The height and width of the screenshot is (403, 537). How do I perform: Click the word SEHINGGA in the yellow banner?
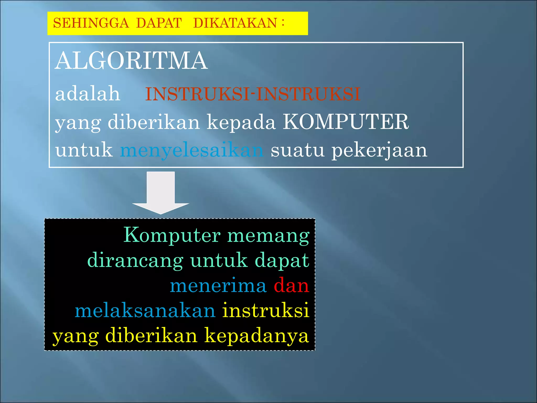[x=91, y=23]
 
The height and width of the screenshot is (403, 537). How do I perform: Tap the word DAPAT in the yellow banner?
[x=159, y=23]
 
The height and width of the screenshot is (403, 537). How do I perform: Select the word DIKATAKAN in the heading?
[x=235, y=23]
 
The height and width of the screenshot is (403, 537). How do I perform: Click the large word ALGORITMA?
[x=131, y=61]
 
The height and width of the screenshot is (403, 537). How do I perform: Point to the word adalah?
[x=88, y=94]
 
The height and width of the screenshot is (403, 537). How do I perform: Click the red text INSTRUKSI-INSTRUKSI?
[x=253, y=94]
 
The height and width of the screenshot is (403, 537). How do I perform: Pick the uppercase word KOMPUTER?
[x=346, y=122]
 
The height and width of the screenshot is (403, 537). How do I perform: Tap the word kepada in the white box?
[x=241, y=123]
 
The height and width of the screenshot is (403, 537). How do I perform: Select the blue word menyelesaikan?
[x=192, y=150]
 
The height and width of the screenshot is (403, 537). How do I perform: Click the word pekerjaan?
[x=379, y=150]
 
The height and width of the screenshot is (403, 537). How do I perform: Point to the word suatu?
[x=297, y=150]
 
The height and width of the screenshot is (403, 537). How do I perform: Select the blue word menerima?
[x=218, y=286]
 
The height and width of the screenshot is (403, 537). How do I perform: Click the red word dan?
[x=291, y=285]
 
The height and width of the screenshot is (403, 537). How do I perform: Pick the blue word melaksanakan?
[x=145, y=311]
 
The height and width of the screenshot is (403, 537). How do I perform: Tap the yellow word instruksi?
[x=266, y=310]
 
